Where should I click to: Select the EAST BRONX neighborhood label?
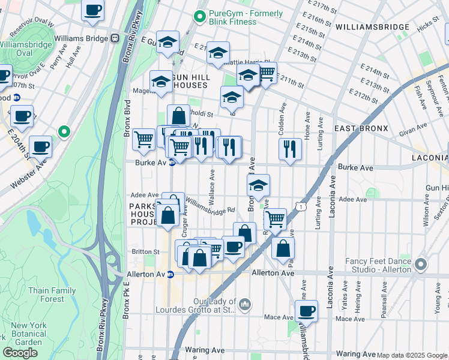[x=362, y=129]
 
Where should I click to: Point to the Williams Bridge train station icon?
[x=115, y=38]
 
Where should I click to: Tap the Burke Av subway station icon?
[x=172, y=163]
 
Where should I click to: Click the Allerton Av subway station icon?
[x=170, y=275]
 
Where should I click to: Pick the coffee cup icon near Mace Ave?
[x=306, y=311]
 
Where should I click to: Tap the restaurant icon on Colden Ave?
[x=290, y=148]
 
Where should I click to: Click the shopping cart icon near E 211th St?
[x=267, y=73]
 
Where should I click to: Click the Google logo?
[x=20, y=353]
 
